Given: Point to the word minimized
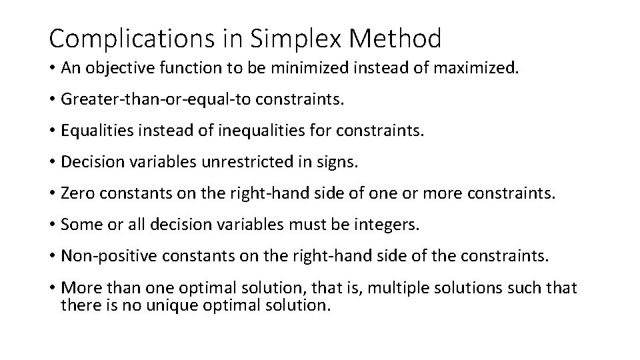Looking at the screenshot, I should click(x=301, y=69).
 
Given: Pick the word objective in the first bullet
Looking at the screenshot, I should click(x=117, y=69).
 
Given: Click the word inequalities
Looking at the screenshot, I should click(x=260, y=131).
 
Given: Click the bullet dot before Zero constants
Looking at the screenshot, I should click(x=52, y=193).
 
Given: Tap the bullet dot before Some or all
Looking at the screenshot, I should click(x=52, y=224).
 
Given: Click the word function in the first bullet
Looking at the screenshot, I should click(x=191, y=69).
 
